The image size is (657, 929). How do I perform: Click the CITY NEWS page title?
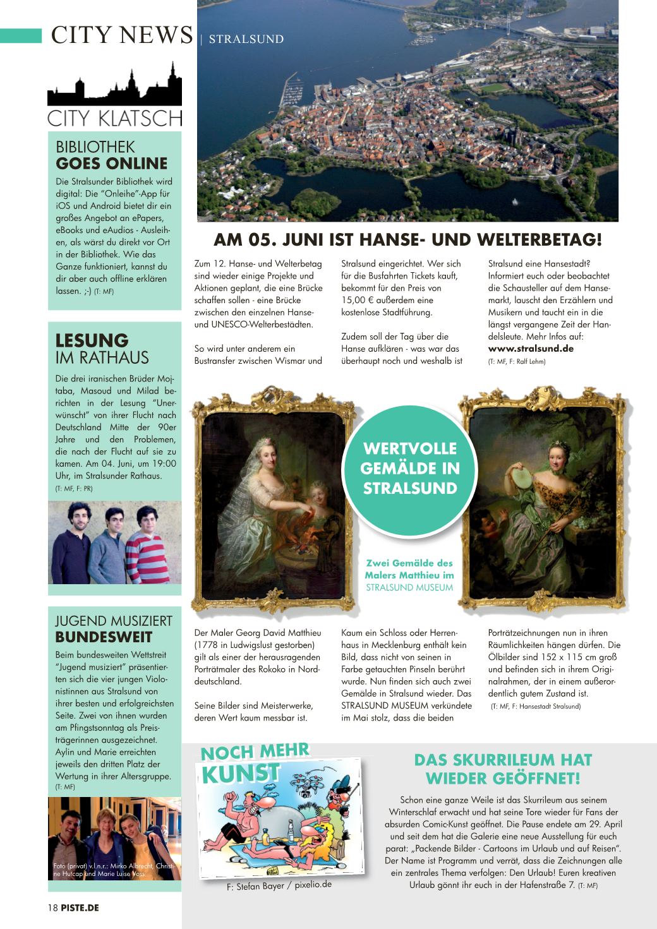pos(121,35)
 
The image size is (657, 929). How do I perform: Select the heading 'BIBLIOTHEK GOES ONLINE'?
pos(111,155)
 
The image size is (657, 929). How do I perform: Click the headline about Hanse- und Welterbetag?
pos(407,240)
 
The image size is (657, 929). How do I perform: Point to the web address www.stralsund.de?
pos(531,349)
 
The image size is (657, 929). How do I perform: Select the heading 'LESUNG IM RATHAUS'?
pos(102,349)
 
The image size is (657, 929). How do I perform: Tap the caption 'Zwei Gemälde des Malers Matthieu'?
pos(409,569)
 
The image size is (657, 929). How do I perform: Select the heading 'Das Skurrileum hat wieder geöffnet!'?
pos(503,769)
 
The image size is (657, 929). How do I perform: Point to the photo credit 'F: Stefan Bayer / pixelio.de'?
pos(279,885)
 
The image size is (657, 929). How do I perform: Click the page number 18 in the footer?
pos(52,908)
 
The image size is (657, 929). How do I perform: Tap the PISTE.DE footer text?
pos(80,908)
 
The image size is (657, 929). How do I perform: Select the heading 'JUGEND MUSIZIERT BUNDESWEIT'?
pos(113,629)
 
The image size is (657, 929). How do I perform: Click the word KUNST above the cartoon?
pos(241,773)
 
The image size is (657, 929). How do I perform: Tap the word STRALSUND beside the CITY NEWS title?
pos(246,39)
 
